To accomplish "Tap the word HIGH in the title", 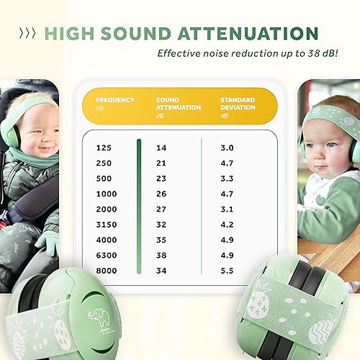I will click(x=68, y=33).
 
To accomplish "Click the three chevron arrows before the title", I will click(x=28, y=34).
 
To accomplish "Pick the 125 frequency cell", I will click(x=103, y=148).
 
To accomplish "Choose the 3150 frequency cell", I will click(x=106, y=224).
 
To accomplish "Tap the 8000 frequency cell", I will click(x=106, y=270).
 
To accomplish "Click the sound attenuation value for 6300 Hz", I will click(x=161, y=255).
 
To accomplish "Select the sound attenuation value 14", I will click(x=161, y=148).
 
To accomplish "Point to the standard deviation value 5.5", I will click(x=227, y=270).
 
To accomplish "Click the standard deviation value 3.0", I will click(x=227, y=148).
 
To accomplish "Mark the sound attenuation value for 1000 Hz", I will click(x=161, y=194).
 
